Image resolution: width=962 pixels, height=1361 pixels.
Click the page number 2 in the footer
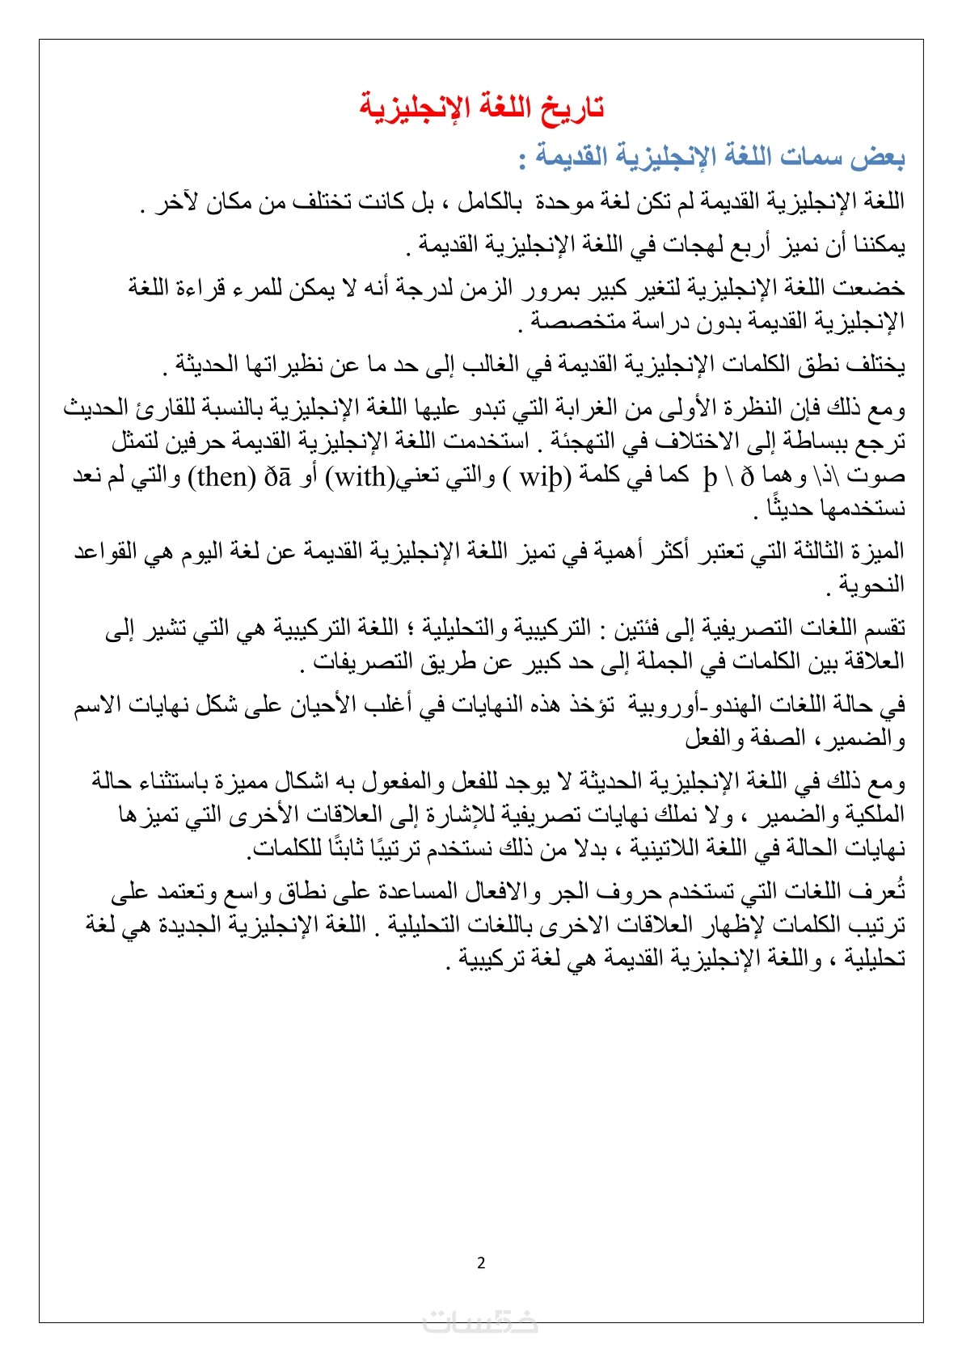tap(482, 1263)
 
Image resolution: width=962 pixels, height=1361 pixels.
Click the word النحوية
tap(872, 585)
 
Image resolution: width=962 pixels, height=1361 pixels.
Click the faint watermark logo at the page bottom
tap(481, 1321)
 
